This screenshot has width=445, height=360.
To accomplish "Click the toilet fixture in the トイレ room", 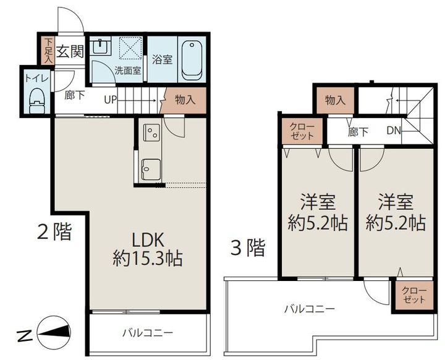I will click(37, 99).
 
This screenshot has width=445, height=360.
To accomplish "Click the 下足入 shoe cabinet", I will click(49, 50).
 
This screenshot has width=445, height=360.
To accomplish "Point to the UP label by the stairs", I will click(111, 99).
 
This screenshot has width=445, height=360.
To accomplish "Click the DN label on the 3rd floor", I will click(394, 130).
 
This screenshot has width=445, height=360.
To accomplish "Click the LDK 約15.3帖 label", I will click(147, 248).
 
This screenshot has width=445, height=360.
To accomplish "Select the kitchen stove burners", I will click(151, 132).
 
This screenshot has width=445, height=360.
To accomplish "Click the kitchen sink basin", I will click(150, 168).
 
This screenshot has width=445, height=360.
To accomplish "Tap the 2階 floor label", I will click(54, 233).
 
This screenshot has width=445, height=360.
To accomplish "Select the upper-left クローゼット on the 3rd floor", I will click(302, 131).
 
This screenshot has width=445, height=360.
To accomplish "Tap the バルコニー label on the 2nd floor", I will click(147, 333).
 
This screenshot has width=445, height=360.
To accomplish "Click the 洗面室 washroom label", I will click(128, 70).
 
